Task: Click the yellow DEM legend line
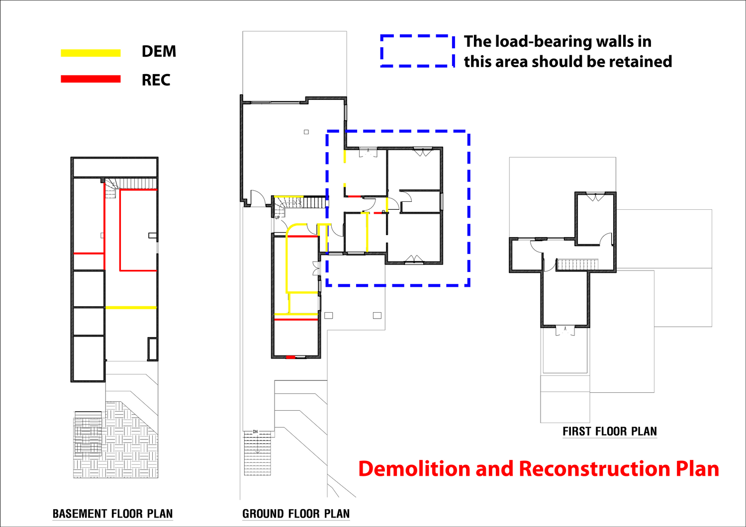click(91, 53)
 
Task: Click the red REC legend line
click(91, 79)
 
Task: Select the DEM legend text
click(159, 52)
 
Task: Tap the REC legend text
click(156, 80)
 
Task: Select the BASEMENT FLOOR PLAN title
click(113, 514)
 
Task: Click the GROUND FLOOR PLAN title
click(296, 514)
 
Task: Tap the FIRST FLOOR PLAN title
click(610, 432)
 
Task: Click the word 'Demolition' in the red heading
click(414, 469)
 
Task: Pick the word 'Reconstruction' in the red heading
click(594, 469)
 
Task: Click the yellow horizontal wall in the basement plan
click(131, 308)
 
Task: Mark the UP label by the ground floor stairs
click(278, 218)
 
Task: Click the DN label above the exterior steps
click(256, 432)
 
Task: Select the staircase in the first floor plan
click(577, 264)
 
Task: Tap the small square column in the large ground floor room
click(306, 132)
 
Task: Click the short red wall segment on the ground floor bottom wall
click(291, 357)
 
